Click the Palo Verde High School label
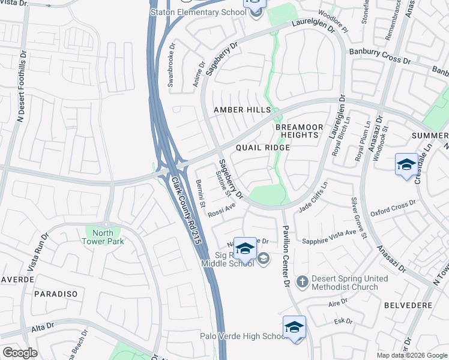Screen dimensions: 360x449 (247, 337)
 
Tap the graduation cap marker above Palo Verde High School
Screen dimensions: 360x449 (294, 327)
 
